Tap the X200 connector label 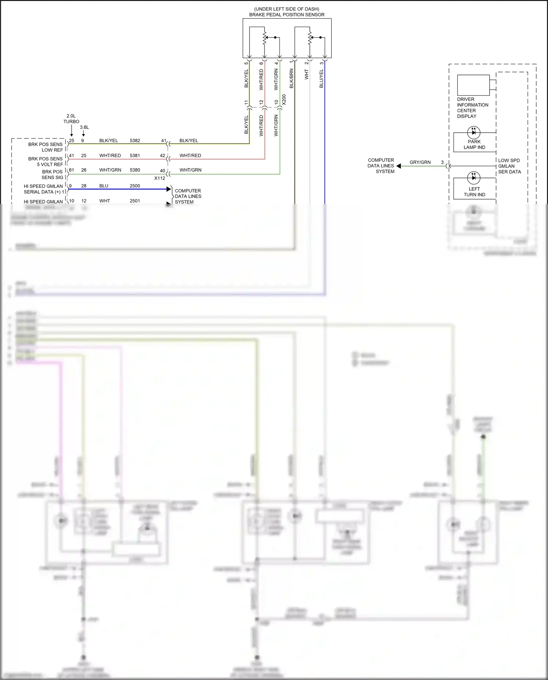[x=284, y=100]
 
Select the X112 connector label [x=160, y=178]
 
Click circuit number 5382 [x=135, y=141]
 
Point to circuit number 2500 [x=135, y=186]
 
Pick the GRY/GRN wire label [x=420, y=162]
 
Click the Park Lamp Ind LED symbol [x=474, y=132]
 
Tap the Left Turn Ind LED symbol [x=474, y=178]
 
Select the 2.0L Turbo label [x=71, y=119]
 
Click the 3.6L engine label [x=84, y=128]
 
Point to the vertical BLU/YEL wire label [x=321, y=79]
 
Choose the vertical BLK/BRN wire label [x=292, y=79]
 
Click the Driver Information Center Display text [x=472, y=108]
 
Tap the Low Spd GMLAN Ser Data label [x=509, y=166]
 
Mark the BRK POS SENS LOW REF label [x=46, y=147]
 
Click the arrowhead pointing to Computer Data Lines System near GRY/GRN [x=399, y=166]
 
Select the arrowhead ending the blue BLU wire [x=169, y=189]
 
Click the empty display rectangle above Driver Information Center [x=473, y=85]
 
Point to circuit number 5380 [x=135, y=170]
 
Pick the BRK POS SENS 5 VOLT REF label [x=46, y=162]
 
